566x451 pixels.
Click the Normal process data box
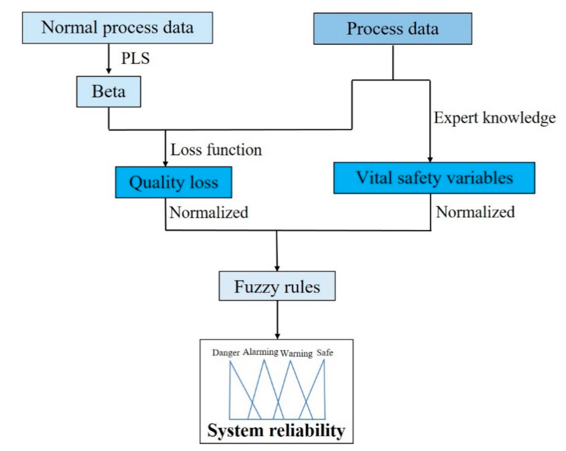pyautogui.click(x=117, y=28)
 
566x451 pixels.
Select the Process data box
pyautogui.click(x=392, y=29)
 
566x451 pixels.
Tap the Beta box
pyautogui.click(x=108, y=92)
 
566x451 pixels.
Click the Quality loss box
pyautogui.click(x=173, y=182)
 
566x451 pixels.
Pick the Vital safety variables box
pyautogui.click(x=434, y=178)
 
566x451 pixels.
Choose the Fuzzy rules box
pyautogui.click(x=277, y=287)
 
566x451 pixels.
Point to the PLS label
pyautogui.click(x=135, y=58)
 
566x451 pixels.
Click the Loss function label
pyautogui.click(x=216, y=150)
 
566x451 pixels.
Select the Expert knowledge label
pyautogui.click(x=494, y=118)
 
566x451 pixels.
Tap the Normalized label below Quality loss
pyautogui.click(x=209, y=212)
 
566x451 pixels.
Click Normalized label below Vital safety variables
pyautogui.click(x=475, y=212)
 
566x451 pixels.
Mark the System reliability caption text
pyautogui.click(x=276, y=430)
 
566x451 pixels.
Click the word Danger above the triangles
pyautogui.click(x=226, y=353)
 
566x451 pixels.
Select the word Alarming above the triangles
pyautogui.click(x=261, y=352)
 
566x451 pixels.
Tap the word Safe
pyautogui.click(x=325, y=353)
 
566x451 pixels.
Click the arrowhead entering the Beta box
pyautogui.click(x=108, y=71)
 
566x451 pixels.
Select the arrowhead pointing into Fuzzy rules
pyautogui.click(x=277, y=268)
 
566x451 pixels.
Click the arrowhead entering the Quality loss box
pyautogui.click(x=165, y=164)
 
